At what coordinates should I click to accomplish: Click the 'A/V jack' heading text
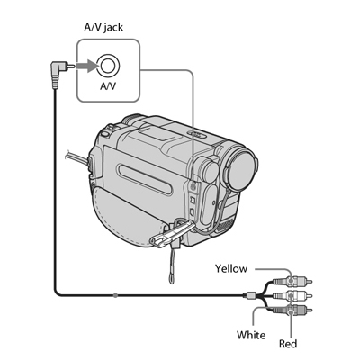pos(103,27)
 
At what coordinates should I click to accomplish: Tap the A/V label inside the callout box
pos(107,86)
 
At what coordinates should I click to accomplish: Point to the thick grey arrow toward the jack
pos(87,66)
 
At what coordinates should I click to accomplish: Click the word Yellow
pos(231,268)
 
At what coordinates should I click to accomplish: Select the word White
pos(251,335)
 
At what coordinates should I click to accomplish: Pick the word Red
pos(288,344)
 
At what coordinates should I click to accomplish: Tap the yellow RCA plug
pos(292,282)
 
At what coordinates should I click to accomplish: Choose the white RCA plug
pos(292,295)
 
